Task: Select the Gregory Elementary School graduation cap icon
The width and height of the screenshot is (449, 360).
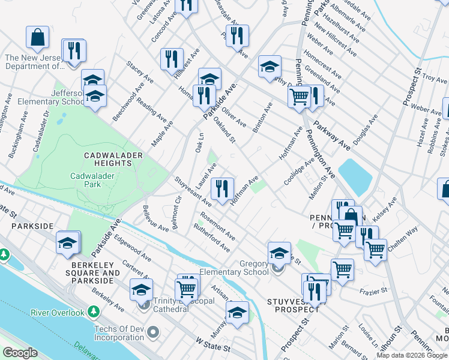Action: pyautogui.click(x=279, y=253)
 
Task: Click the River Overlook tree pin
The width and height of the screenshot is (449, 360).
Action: pyautogui.click(x=93, y=312)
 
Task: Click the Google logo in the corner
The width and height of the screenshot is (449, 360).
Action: pyautogui.click(x=20, y=353)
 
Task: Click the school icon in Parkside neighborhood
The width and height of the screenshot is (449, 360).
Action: pyautogui.click(x=68, y=243)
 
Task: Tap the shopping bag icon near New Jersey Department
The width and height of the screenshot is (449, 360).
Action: pyautogui.click(x=38, y=38)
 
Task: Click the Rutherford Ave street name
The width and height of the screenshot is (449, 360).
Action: pyautogui.click(x=212, y=238)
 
